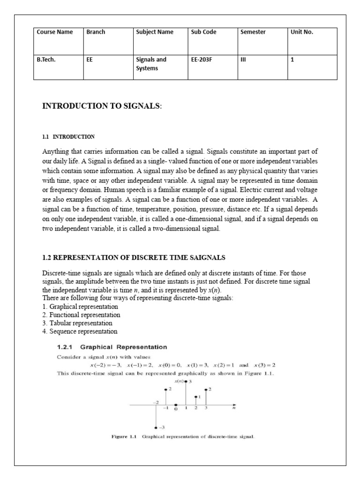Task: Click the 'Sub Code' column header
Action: coord(204,32)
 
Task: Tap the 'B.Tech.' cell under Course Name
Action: coord(46,60)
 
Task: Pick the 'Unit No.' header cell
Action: coord(302,32)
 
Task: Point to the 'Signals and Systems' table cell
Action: coord(151,63)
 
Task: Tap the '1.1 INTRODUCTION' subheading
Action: coord(68,137)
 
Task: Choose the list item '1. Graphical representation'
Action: coord(80,307)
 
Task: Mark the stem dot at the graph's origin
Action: coord(176,405)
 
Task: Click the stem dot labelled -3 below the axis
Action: coord(156,427)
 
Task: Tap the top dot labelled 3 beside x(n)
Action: coord(186,382)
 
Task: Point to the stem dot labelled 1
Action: coord(196,397)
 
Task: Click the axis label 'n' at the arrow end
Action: coord(234,408)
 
